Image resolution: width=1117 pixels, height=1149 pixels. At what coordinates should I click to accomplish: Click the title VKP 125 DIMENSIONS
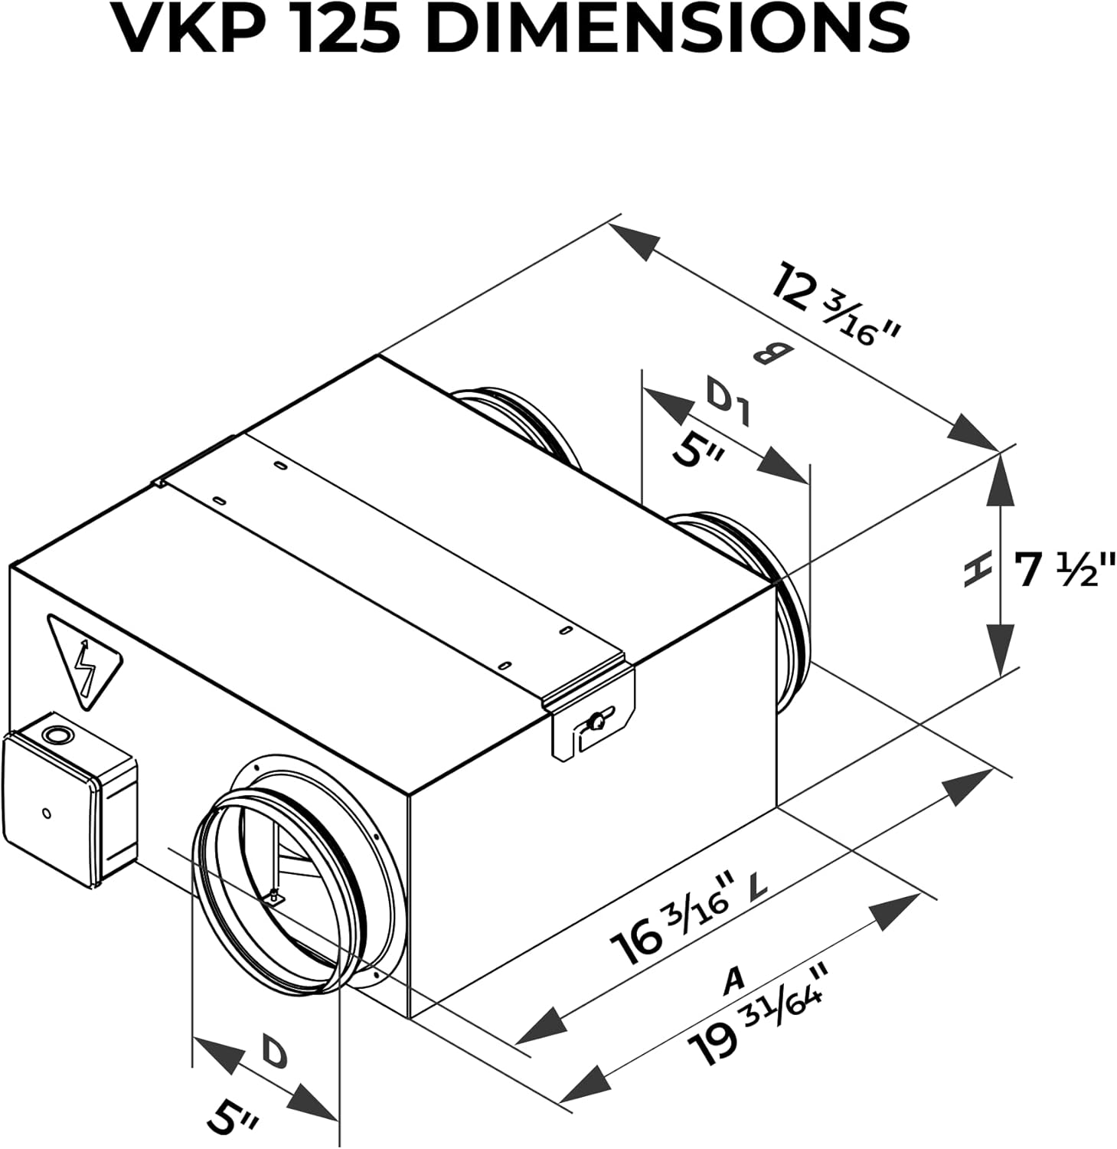pos(514,29)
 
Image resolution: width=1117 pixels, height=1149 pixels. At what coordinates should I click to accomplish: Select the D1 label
pos(727,404)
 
